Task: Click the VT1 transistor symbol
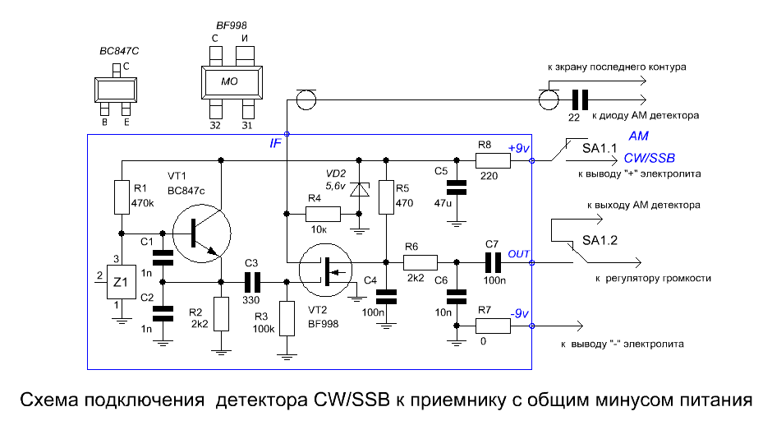202,233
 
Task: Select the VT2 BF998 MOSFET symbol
325,270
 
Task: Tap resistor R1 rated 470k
122,197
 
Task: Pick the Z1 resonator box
122,282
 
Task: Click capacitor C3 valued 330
252,282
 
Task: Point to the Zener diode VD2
359,189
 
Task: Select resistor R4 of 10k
323,214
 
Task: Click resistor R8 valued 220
493,161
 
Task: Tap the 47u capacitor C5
457,187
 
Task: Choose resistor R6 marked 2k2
420,262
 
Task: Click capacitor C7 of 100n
493,263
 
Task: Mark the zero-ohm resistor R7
493,326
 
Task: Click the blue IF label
275,143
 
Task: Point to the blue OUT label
518,254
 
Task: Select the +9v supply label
518,148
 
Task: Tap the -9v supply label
519,313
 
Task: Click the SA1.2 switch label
600,240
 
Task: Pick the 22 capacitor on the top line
580,99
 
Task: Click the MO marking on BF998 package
229,81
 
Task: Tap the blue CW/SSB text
650,159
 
